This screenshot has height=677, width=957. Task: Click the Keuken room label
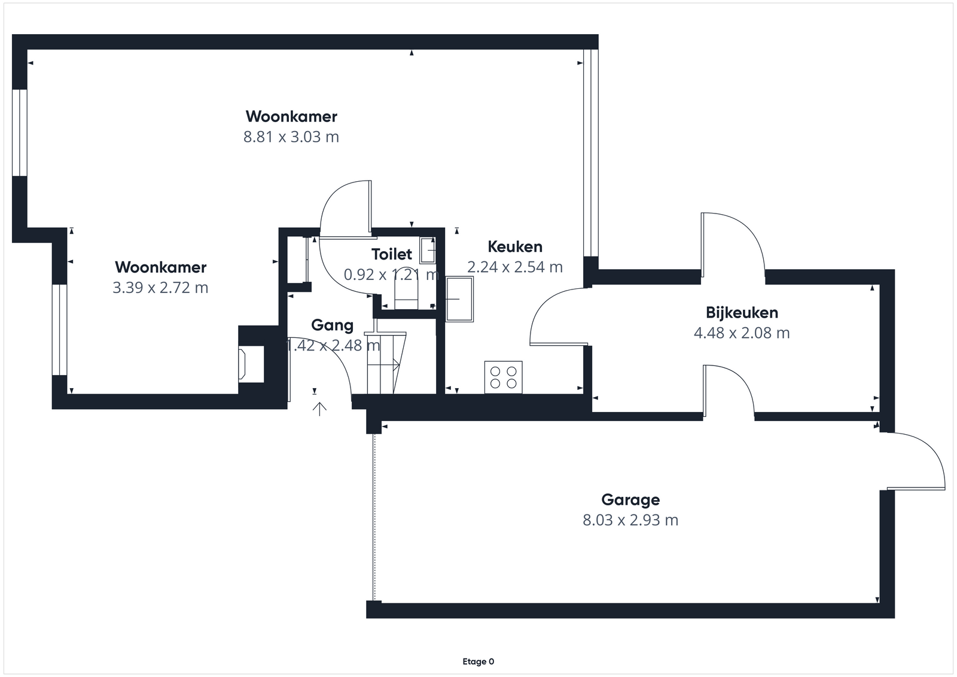tap(515, 247)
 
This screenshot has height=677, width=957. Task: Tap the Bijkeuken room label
tap(742, 313)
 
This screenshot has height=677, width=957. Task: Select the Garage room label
tap(630, 500)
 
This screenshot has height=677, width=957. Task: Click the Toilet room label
tap(392, 255)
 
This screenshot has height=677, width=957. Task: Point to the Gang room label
tap(333, 325)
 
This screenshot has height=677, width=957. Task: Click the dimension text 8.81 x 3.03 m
tap(291, 137)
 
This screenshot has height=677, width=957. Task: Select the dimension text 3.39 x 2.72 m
tap(161, 288)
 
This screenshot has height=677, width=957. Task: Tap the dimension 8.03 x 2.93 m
tap(630, 520)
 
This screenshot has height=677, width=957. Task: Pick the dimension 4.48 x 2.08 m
tap(742, 333)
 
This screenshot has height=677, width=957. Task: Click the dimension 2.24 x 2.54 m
tap(515, 267)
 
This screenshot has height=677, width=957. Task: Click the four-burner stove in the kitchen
tap(503, 377)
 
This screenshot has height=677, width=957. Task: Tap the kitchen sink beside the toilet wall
tap(459, 299)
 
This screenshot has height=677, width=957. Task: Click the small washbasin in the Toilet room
tap(428, 251)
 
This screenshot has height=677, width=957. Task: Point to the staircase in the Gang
tap(385, 362)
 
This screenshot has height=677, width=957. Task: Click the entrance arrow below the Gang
tap(319, 408)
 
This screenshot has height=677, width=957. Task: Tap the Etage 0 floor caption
tap(478, 661)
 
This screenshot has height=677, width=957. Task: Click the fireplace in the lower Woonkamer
tap(251, 364)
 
